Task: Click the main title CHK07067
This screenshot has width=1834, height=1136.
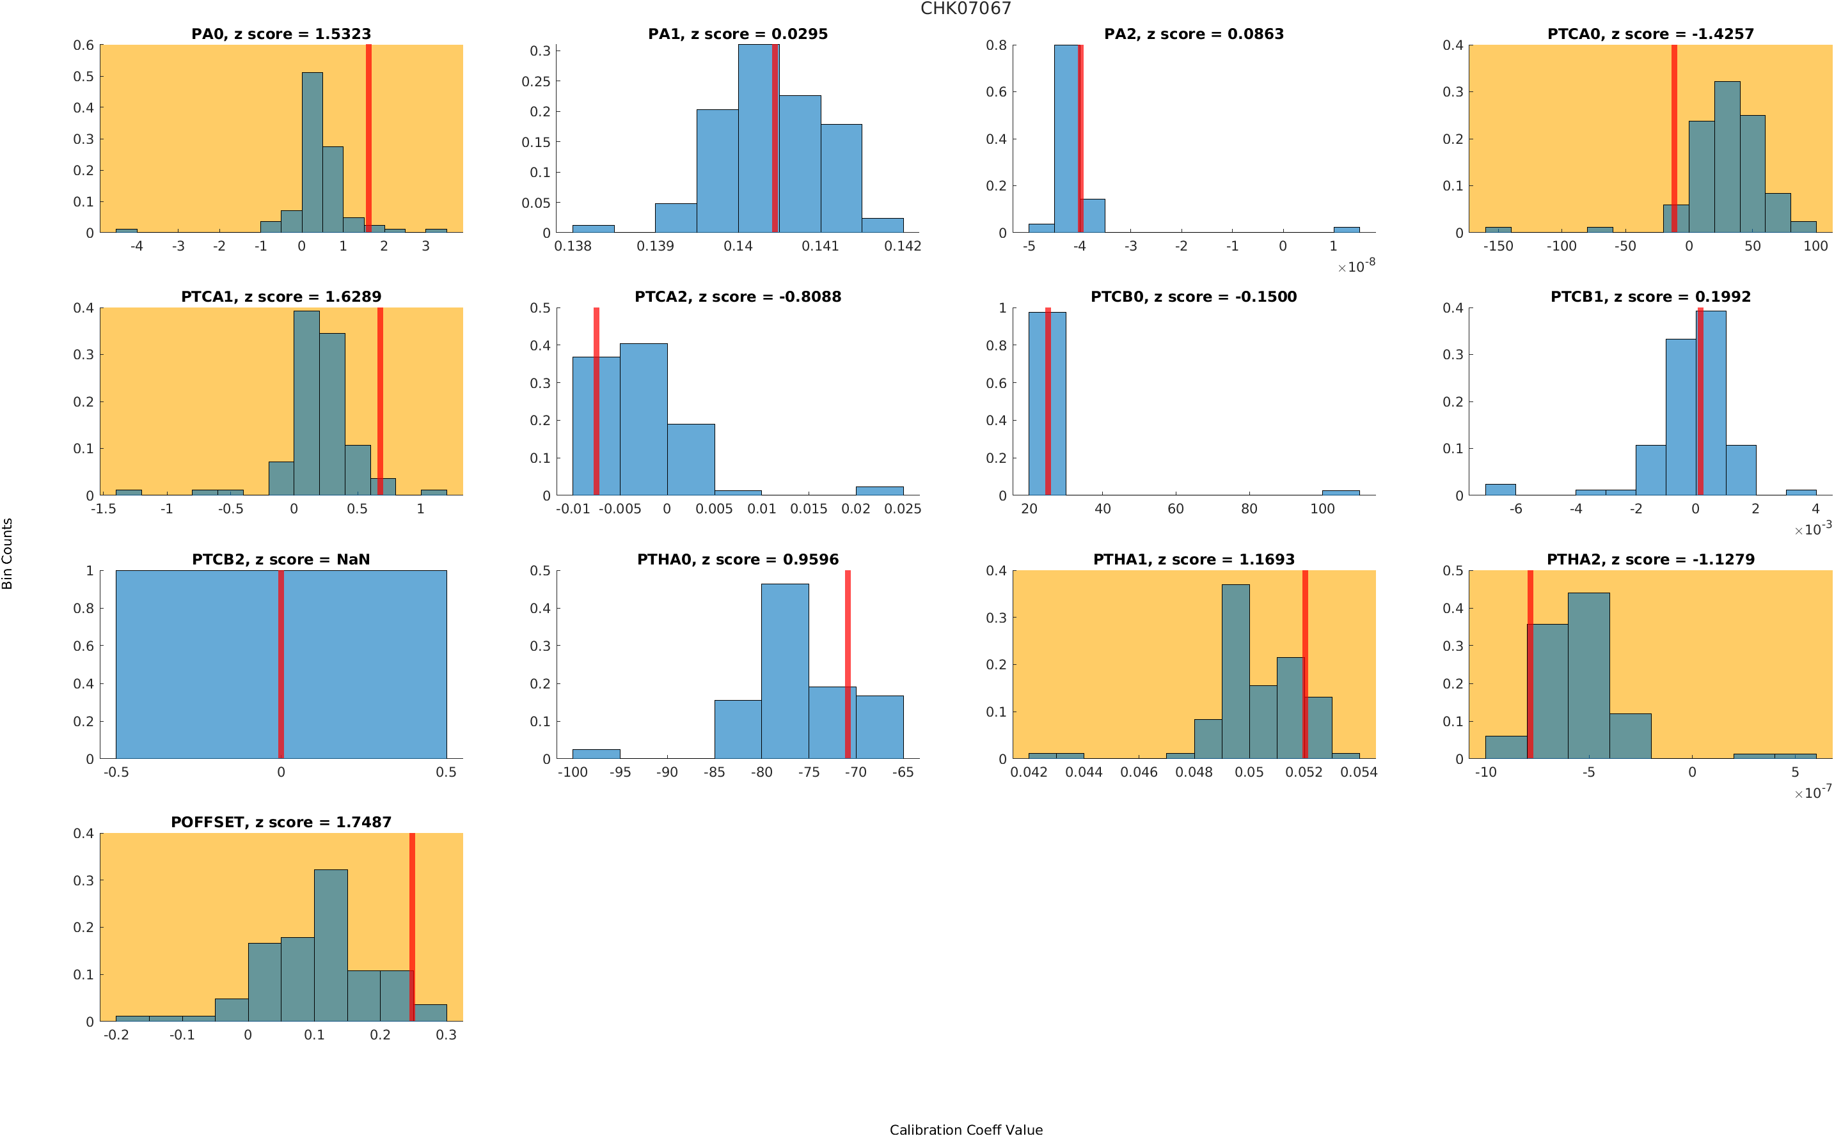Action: tap(965, 8)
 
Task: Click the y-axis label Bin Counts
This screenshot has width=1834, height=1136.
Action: tap(8, 553)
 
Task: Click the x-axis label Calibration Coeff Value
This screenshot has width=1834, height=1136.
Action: tap(965, 1129)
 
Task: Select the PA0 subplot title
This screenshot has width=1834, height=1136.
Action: tap(281, 34)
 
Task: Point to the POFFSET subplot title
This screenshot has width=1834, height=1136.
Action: tap(281, 822)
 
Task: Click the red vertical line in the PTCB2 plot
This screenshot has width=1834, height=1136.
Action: tap(281, 664)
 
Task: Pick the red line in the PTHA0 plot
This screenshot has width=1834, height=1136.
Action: tap(847, 664)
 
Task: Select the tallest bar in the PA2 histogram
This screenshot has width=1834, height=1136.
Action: tap(1066, 139)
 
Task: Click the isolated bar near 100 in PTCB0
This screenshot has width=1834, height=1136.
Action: tap(1340, 493)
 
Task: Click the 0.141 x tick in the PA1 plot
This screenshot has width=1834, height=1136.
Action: tap(820, 246)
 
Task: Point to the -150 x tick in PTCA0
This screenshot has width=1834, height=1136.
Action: tap(1498, 246)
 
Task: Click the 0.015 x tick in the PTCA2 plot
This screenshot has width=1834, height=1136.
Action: tap(808, 510)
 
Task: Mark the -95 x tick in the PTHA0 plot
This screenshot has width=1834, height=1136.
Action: tap(619, 772)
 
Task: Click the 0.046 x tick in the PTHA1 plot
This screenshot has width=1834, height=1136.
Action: tap(1139, 772)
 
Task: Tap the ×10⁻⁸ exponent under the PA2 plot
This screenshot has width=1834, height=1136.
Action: tap(1357, 266)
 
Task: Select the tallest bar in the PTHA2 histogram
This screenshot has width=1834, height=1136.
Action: tap(1588, 676)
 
